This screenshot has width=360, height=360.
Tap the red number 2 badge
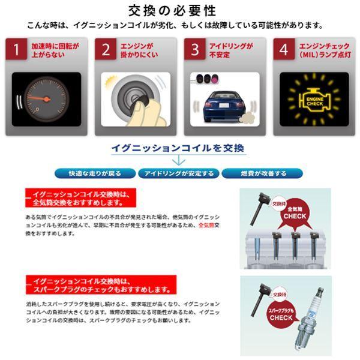pyautogui.click(x=106, y=50)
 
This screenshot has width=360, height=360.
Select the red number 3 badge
pyautogui.click(x=194, y=50)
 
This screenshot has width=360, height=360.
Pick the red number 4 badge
pyautogui.click(x=283, y=50)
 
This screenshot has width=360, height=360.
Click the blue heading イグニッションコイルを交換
pyautogui.click(x=178, y=148)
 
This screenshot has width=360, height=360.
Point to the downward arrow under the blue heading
pyautogui.click(x=178, y=161)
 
